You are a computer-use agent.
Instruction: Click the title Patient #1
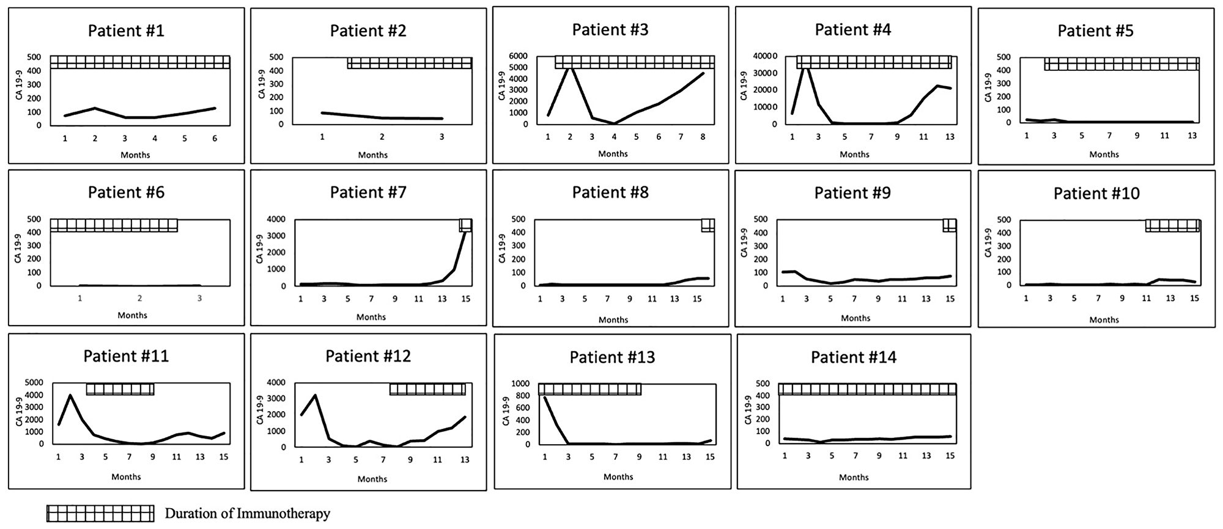[126, 31]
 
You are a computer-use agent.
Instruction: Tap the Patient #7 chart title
[368, 192]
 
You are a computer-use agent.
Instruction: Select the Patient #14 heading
[854, 357]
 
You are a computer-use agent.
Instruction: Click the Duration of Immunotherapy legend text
[247, 514]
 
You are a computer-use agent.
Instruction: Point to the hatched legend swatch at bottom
[101, 514]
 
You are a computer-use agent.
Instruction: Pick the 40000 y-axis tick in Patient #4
[766, 56]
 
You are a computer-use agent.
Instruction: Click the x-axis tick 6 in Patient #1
[215, 139]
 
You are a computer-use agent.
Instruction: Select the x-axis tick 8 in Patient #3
[703, 137]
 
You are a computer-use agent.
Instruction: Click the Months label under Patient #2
[372, 155]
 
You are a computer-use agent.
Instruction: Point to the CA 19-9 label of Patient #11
[19, 412]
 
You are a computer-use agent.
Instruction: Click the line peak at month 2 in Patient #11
[70, 395]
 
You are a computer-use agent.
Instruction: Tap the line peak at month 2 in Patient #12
[314, 395]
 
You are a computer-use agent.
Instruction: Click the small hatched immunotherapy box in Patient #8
[708, 225]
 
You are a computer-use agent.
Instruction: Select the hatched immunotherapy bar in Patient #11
[120, 389]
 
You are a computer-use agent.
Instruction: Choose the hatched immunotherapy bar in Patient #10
[1172, 225]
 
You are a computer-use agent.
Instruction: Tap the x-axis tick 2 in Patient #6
[140, 299]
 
